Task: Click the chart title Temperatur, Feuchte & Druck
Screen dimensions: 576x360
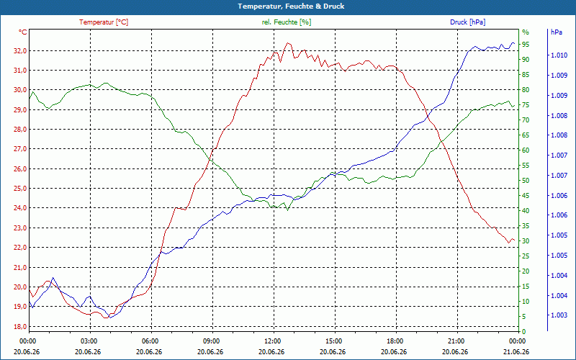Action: [291, 6]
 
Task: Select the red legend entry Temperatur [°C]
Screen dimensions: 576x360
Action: [104, 22]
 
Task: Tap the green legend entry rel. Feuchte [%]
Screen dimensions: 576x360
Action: [286, 22]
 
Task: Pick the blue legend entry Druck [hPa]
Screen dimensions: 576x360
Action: [467, 22]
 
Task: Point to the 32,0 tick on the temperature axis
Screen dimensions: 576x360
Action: [20, 50]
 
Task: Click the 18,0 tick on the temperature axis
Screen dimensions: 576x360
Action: [20, 326]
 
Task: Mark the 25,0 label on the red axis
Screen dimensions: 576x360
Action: [20, 189]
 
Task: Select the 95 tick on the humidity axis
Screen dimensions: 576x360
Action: [526, 45]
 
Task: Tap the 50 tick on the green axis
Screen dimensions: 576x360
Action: [526, 181]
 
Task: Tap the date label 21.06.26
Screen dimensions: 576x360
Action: [516, 351]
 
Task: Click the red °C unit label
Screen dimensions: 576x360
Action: [23, 32]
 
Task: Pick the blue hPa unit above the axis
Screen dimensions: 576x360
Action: [557, 32]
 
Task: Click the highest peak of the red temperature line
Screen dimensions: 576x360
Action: [287, 42]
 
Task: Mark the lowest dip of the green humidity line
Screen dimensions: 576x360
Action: [287, 210]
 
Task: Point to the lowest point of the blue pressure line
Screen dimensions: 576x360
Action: [110, 318]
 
